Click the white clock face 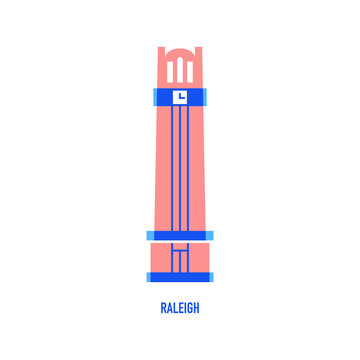coord(180,96)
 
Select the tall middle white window coord(180,71)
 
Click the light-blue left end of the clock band coord(153,96)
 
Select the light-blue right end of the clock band coord(207,96)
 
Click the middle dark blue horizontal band coord(180,236)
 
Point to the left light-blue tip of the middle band coord(150,236)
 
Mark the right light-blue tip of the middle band coord(210,236)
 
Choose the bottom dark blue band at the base coord(180,275)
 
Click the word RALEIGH coord(180,308)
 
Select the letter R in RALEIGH coord(163,308)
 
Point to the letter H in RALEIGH coord(197,308)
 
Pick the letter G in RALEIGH coord(190,308)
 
